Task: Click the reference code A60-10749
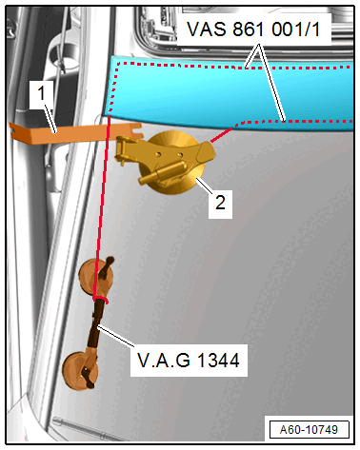pyautogui.click(x=307, y=428)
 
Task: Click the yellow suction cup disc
pyautogui.click(x=177, y=157)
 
